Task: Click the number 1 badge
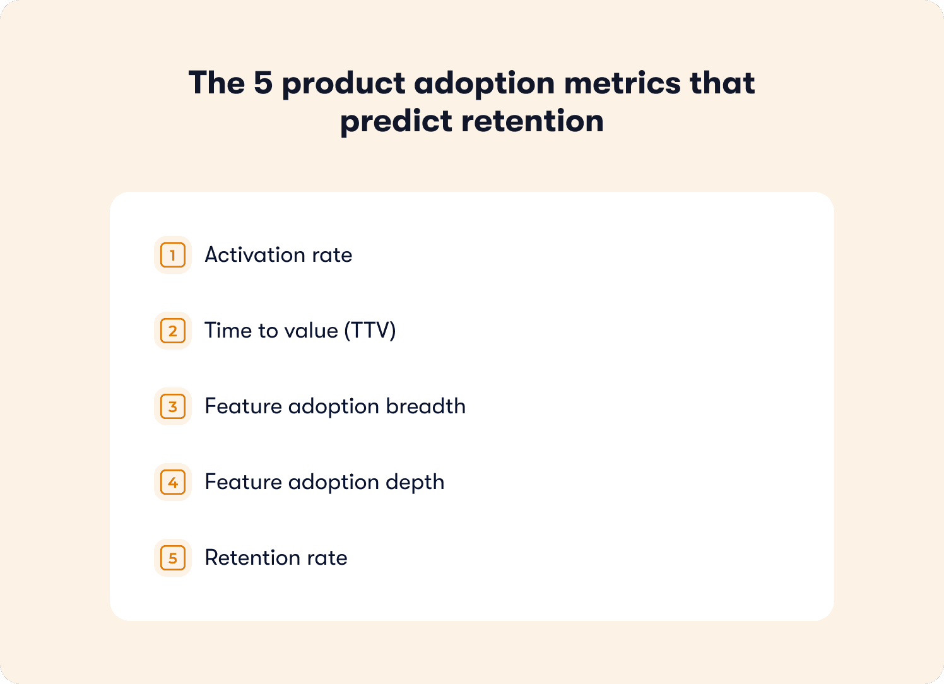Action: (172, 255)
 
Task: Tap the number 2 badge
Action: (172, 331)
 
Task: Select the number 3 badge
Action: (172, 406)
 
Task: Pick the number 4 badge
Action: (172, 482)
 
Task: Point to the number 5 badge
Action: (172, 558)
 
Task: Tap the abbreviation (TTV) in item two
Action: (370, 331)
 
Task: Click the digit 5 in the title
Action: (263, 83)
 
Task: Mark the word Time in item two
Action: (227, 331)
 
